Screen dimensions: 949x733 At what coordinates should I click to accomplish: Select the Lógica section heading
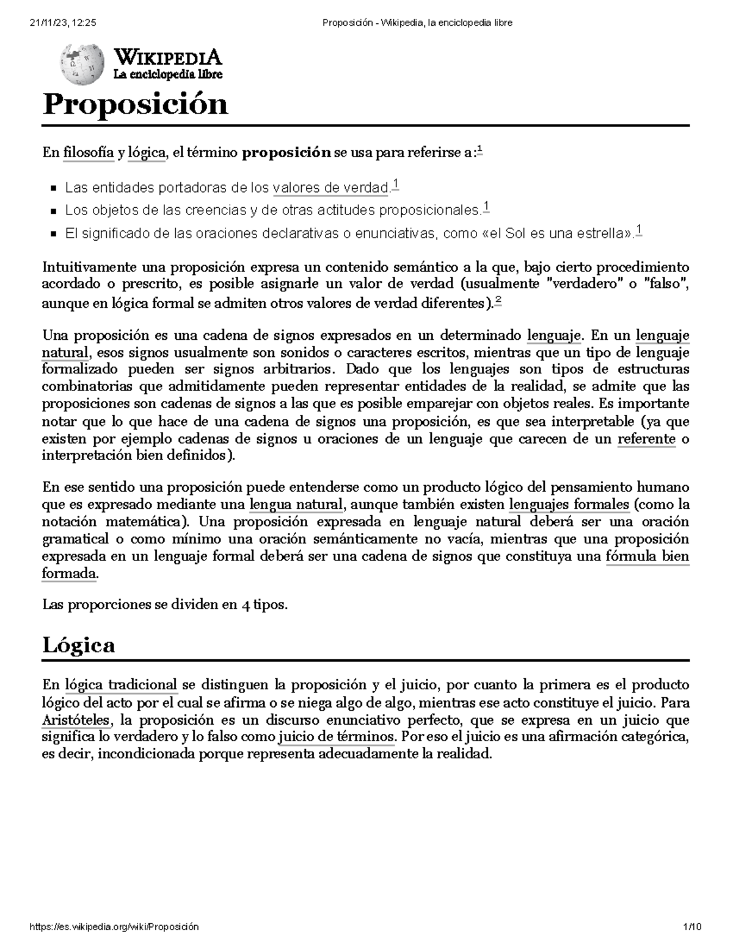pyautogui.click(x=78, y=645)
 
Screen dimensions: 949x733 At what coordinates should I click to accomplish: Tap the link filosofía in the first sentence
pyautogui.click(x=89, y=153)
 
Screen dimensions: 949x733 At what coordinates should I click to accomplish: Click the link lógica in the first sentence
pyautogui.click(x=146, y=153)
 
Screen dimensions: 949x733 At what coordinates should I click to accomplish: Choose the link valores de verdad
pyautogui.click(x=330, y=188)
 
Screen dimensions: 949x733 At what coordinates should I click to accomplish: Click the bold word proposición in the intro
pyautogui.click(x=286, y=153)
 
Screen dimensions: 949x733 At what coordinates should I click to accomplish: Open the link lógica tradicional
pyautogui.click(x=121, y=684)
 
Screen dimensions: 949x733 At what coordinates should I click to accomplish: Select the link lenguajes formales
pyautogui.click(x=569, y=505)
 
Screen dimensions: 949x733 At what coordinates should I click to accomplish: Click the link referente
pyautogui.click(x=646, y=439)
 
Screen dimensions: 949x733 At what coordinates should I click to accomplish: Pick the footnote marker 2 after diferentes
pyautogui.click(x=499, y=300)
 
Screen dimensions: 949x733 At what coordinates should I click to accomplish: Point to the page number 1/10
pyautogui.click(x=693, y=927)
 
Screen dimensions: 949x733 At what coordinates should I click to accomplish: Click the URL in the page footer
pyautogui.click(x=114, y=927)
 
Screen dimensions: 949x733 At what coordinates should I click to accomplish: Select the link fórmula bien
pyautogui.click(x=647, y=557)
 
